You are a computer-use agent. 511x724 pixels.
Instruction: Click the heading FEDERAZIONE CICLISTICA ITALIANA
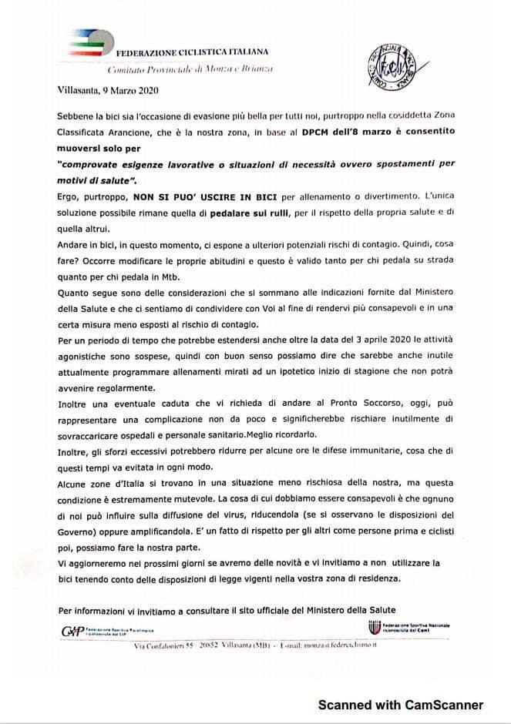192,52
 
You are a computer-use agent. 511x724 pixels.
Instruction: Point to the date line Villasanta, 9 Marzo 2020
108,90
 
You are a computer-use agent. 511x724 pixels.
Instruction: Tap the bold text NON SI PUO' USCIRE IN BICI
182,197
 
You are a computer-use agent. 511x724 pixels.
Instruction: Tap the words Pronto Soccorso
361,403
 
